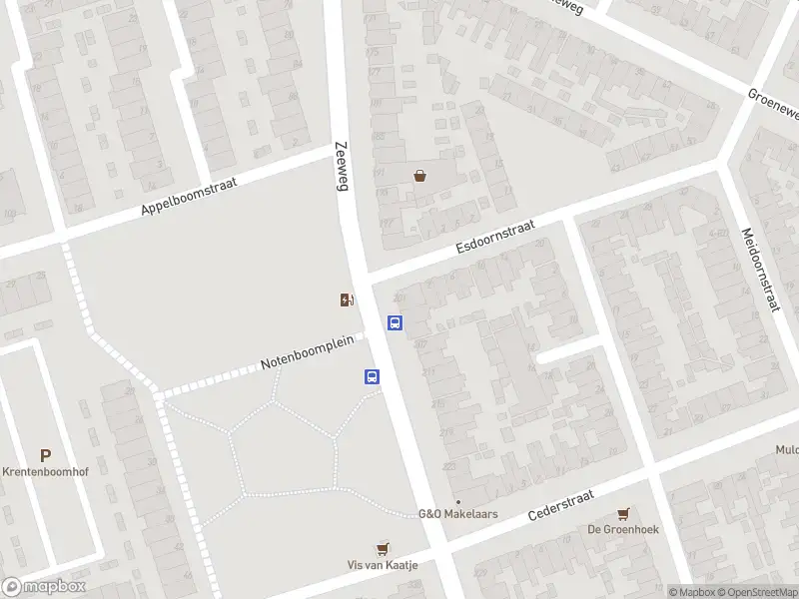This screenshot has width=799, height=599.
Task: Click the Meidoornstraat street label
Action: (x=759, y=269)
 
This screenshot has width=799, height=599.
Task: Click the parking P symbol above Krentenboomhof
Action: (x=45, y=455)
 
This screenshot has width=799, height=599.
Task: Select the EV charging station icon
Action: (x=347, y=300)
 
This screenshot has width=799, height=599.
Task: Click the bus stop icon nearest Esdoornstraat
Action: (x=396, y=323)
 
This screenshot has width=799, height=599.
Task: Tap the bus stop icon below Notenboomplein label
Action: (x=372, y=377)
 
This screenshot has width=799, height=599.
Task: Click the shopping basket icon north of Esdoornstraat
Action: (x=420, y=177)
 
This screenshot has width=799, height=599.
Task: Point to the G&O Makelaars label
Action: (x=457, y=515)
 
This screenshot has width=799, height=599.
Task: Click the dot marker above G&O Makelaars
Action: (x=457, y=502)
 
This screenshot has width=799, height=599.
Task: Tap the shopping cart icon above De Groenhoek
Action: (x=624, y=513)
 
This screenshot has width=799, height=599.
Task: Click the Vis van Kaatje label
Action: (x=383, y=565)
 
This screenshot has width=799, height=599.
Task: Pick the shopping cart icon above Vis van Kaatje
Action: (x=383, y=548)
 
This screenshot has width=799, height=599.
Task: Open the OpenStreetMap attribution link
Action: (x=756, y=592)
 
